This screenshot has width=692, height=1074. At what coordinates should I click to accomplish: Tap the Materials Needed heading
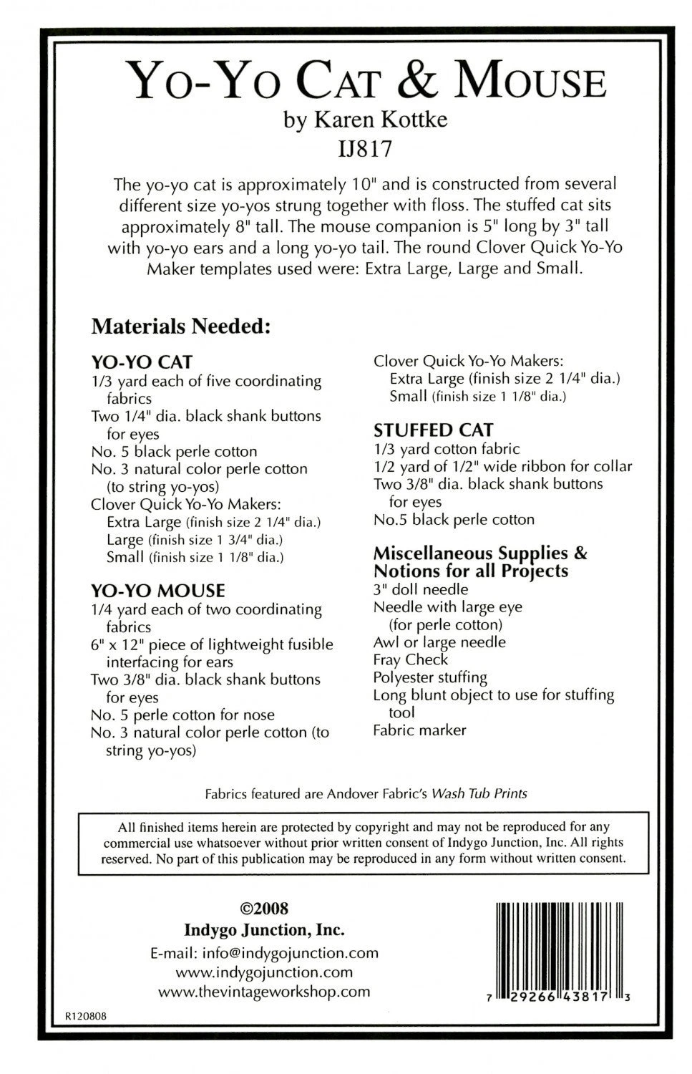pyautogui.click(x=180, y=326)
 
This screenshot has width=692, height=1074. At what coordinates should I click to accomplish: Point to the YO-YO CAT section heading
pyautogui.click(x=142, y=362)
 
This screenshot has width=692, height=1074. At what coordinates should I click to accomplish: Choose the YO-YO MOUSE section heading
pyautogui.click(x=158, y=590)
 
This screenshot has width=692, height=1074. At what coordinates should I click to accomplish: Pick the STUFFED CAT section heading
pyautogui.click(x=433, y=430)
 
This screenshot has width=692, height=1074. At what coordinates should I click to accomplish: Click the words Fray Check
pyautogui.click(x=410, y=659)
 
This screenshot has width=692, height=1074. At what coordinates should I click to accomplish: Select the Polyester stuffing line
pyautogui.click(x=430, y=677)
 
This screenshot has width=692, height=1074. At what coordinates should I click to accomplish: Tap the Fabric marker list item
pyautogui.click(x=419, y=730)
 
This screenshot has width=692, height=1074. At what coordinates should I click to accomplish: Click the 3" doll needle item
pyautogui.click(x=421, y=589)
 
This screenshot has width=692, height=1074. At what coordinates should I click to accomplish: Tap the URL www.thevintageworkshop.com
pyautogui.click(x=264, y=992)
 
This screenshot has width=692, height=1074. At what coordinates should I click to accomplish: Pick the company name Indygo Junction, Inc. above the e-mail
pyautogui.click(x=264, y=930)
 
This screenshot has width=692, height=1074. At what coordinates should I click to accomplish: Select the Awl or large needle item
pyautogui.click(x=439, y=642)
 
